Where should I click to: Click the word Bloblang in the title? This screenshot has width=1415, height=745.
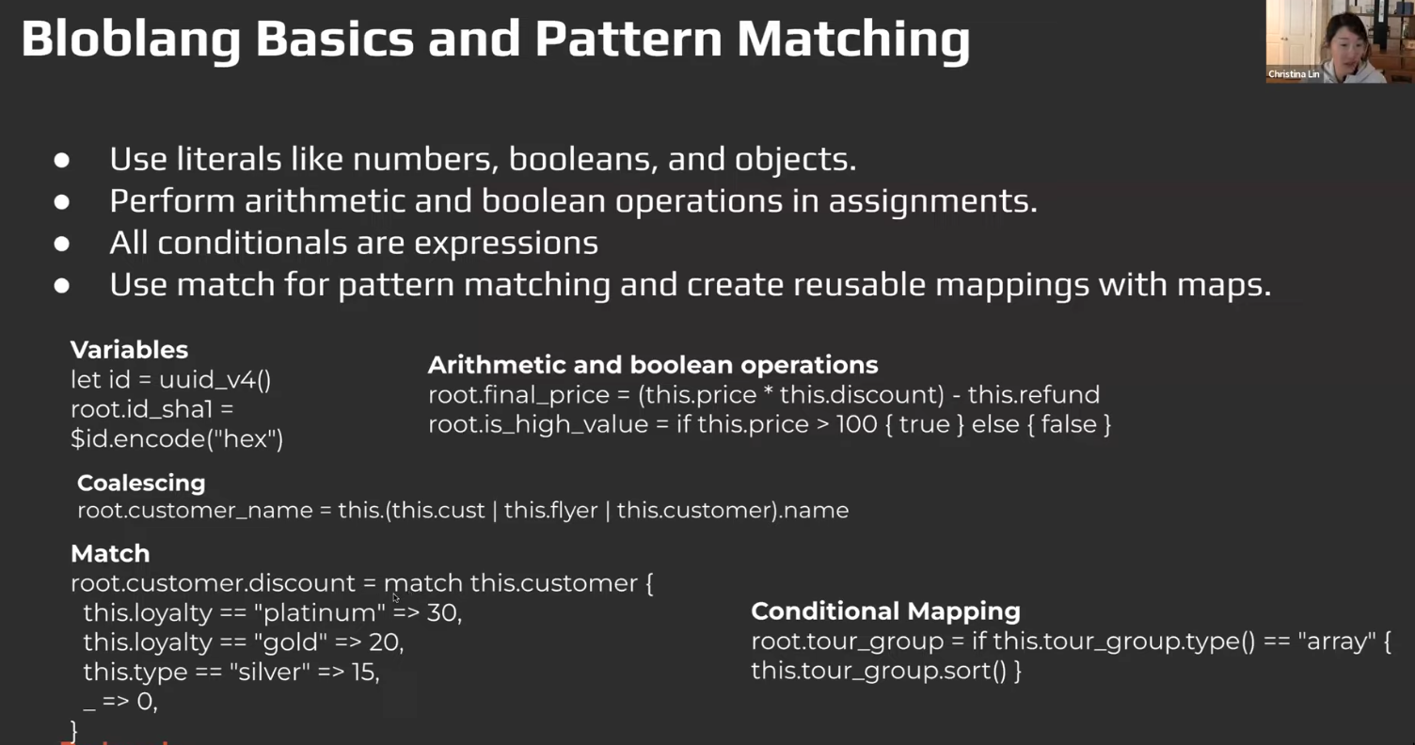point(131,40)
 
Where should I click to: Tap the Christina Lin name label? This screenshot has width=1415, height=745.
point(1293,74)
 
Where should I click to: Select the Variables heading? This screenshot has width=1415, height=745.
point(130,350)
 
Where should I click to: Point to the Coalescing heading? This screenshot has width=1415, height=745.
point(141,483)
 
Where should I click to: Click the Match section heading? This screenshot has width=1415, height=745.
point(110,554)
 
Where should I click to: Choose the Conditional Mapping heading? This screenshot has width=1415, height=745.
point(885,611)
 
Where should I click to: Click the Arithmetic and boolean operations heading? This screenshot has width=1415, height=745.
point(653,365)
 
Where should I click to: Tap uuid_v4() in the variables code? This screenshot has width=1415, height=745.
point(215,380)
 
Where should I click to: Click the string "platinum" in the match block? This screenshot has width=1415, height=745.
point(319,613)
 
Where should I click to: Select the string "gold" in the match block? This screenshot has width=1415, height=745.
point(290,642)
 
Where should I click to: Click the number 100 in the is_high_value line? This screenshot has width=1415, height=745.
point(856,424)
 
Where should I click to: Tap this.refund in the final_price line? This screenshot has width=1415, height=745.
point(1033,394)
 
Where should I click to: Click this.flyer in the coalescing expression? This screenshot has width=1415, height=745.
point(550,510)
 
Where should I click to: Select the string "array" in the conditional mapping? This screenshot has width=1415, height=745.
point(1333,642)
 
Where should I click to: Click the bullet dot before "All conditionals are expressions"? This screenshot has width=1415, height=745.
point(62,244)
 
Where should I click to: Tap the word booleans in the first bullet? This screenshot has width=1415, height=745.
point(580,159)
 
